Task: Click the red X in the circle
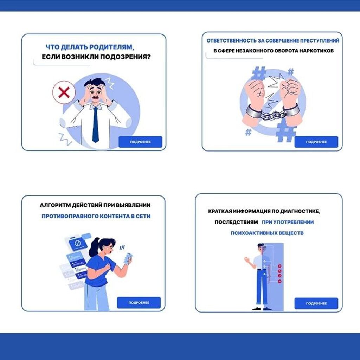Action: (x=64, y=92)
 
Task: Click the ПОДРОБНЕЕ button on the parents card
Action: (x=140, y=142)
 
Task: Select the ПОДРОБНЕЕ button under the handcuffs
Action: (x=316, y=142)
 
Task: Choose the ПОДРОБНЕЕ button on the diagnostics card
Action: (x=316, y=303)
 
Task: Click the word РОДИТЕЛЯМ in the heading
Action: (x=111, y=47)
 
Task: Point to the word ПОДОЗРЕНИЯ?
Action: (x=126, y=57)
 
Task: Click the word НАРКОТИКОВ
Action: (x=316, y=51)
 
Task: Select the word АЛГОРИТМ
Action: (x=55, y=205)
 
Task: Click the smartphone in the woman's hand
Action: (x=128, y=258)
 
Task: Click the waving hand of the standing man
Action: (x=247, y=260)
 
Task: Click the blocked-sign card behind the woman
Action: (x=78, y=244)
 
